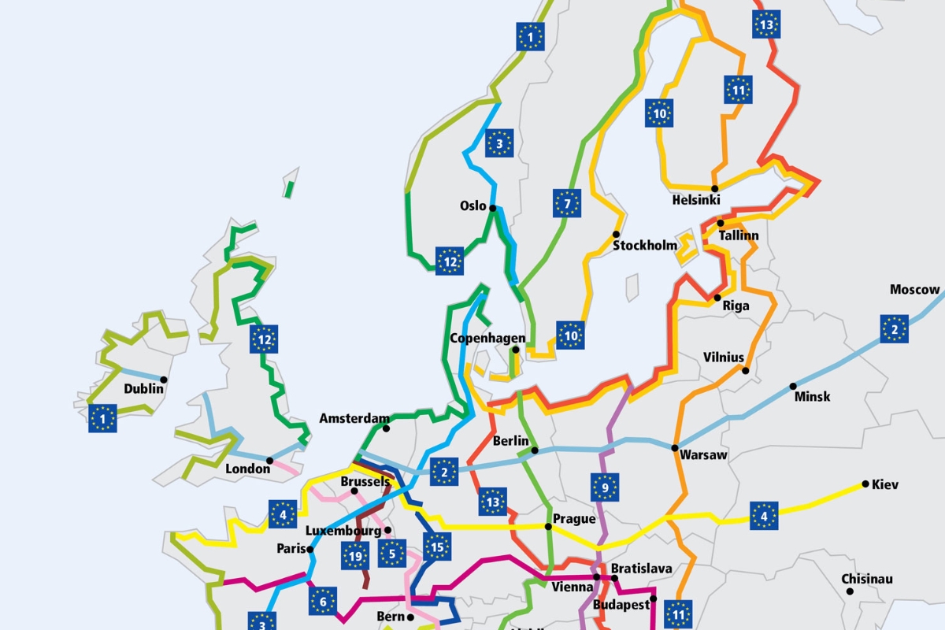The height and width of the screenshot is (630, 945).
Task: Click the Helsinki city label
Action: tap(696, 200)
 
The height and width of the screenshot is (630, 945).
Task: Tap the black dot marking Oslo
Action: tap(492, 209)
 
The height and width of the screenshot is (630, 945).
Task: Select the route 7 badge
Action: tap(567, 203)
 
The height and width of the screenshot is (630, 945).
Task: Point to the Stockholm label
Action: tap(645, 246)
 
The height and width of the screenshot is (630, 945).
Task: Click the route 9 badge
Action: tap(605, 487)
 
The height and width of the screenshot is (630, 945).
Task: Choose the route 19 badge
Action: tap(355, 556)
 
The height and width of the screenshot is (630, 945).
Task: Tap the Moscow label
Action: tap(915, 290)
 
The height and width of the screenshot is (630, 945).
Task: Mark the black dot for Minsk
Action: tap(793, 386)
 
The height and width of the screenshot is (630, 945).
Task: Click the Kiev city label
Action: tap(885, 484)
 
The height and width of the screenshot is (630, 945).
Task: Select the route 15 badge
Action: tap(436, 547)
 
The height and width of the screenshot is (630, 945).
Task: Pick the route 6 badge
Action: tap(323, 601)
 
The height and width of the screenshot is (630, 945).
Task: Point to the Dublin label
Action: tap(144, 388)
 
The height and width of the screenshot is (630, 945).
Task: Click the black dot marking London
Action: tap(269, 460)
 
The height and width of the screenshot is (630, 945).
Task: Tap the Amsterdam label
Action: tap(354, 418)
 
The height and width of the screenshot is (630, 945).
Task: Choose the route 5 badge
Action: tap(391, 554)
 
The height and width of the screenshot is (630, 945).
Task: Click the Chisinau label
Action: tap(867, 579)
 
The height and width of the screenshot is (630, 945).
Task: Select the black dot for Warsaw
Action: tap(675, 447)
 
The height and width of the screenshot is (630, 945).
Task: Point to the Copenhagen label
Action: tap(487, 339)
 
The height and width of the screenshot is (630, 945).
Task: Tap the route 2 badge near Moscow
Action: tap(895, 328)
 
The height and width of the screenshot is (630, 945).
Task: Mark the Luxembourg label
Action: tap(342, 530)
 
